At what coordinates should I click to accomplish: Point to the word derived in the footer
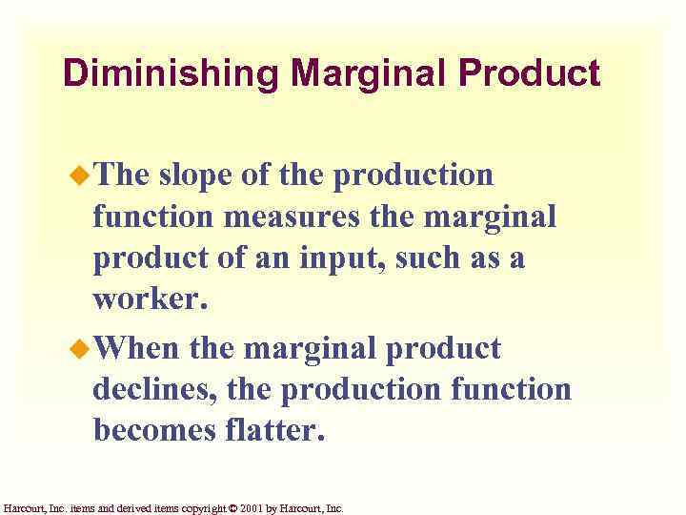tap(131, 508)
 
